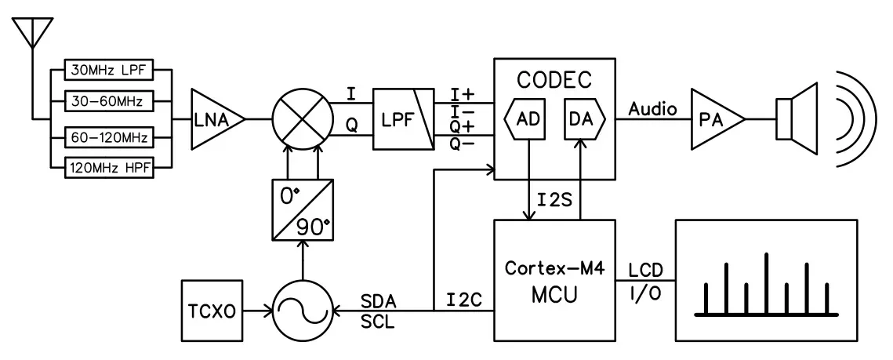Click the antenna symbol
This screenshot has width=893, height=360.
pos(31,31)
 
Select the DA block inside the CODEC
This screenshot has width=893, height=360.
pos(580,120)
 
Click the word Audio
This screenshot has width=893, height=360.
pos(652,109)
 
